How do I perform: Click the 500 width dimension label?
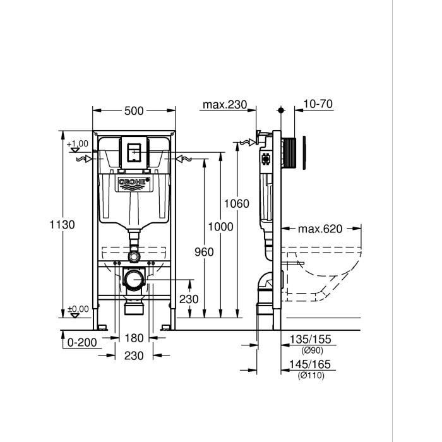point(134,111)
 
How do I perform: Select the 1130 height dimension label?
point(63,224)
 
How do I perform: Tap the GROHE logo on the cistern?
point(134,183)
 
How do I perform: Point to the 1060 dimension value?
point(237,203)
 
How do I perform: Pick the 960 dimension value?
point(204,252)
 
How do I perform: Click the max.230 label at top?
point(224,105)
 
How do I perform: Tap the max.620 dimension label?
point(320,229)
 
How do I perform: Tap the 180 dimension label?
point(134,338)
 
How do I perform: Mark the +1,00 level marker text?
point(78,144)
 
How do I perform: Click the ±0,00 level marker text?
point(78,309)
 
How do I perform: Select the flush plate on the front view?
point(134,152)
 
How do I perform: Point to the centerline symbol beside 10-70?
point(281,110)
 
